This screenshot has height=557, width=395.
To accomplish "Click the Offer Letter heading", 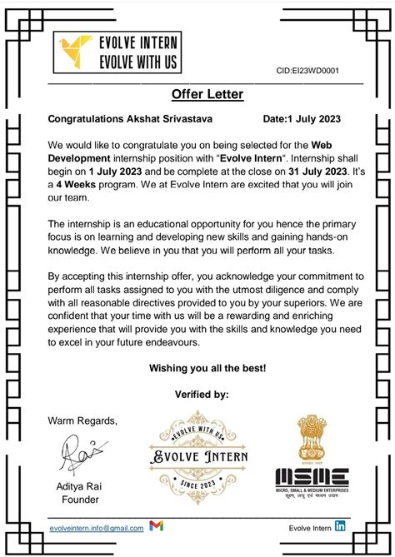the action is point(207,94).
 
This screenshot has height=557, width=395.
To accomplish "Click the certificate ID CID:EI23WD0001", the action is point(308,72).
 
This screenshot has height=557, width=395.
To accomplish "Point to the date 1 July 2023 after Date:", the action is point(312,119).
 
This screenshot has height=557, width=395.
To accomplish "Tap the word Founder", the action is point(81,500).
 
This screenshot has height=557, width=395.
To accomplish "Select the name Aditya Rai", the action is point(80,486).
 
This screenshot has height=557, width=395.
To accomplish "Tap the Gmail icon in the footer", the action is point(156,527).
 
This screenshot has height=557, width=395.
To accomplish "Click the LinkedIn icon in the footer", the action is point(341,526).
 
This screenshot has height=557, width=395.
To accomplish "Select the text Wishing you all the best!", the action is point(207,367).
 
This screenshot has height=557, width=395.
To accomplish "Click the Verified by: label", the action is point(202,394).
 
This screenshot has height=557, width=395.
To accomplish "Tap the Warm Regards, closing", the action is point(82,419).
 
